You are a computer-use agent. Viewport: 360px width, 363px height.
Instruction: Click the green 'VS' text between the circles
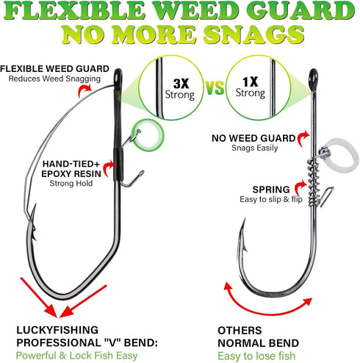tap(215, 87)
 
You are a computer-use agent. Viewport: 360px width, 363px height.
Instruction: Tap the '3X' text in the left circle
tap(181, 84)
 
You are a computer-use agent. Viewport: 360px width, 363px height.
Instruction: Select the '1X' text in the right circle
tap(250, 82)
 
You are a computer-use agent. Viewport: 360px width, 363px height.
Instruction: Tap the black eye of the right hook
tap(313, 79)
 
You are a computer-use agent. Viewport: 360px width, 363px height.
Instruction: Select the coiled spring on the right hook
tap(313, 181)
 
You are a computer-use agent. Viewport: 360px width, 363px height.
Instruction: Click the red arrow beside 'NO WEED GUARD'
tap(303, 138)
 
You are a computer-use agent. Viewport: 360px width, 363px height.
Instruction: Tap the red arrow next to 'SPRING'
tap(300, 188)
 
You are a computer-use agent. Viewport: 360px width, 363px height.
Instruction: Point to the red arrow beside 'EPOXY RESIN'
tap(109, 168)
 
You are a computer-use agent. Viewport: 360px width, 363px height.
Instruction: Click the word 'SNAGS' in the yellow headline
tap(253, 34)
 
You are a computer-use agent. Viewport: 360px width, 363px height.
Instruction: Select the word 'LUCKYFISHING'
tap(57, 330)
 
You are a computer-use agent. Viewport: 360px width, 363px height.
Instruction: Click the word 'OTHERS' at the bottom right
tap(240, 331)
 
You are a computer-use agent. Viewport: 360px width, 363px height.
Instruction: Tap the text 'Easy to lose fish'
tap(256, 356)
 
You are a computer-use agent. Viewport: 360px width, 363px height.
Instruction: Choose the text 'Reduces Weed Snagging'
tap(54, 79)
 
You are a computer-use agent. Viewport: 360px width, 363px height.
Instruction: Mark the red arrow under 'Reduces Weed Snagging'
tap(84, 90)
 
